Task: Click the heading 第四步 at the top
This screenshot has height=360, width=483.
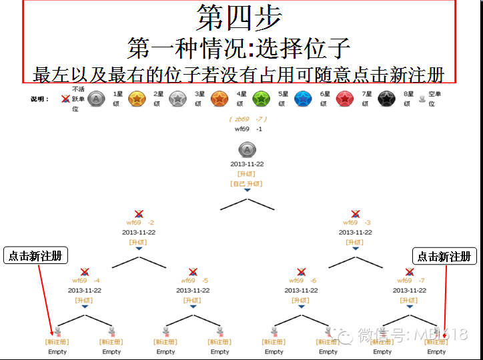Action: coord(239,18)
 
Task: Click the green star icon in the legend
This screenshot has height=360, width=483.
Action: coord(261,99)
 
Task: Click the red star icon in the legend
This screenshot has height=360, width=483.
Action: coord(345,99)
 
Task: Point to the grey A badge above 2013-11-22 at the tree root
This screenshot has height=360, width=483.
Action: coord(247,149)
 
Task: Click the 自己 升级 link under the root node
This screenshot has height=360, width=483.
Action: coord(247,183)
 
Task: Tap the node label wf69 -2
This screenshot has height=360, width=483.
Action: coord(140,223)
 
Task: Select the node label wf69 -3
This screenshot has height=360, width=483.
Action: coord(356,223)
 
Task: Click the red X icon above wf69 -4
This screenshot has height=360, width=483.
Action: coord(85,272)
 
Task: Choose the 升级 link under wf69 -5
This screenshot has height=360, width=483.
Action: coord(193,300)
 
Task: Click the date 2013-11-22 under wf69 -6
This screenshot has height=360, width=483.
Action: coord(301,291)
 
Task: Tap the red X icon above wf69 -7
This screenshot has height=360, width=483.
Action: coord(409,272)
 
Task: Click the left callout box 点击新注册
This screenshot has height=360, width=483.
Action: coord(36,256)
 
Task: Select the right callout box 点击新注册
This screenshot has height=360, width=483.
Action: coord(444,256)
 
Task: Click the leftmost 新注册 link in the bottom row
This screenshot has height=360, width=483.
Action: coord(57,342)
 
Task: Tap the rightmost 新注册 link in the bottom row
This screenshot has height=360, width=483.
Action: coord(436,342)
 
